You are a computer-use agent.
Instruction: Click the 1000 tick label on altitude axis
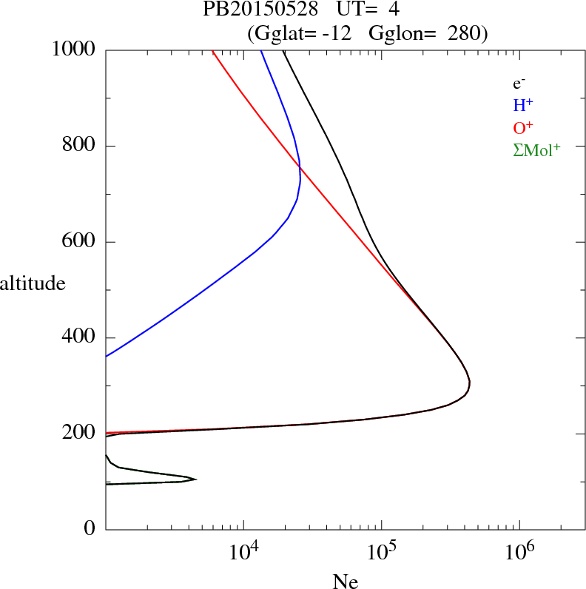pyautogui.click(x=74, y=50)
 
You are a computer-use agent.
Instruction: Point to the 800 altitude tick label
pyautogui.click(x=80, y=146)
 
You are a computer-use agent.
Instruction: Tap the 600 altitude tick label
pyautogui.click(x=80, y=242)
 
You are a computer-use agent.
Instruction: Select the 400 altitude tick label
pyautogui.click(x=80, y=338)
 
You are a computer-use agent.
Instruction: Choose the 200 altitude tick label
pyautogui.click(x=80, y=434)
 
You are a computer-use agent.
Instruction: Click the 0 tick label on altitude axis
pyautogui.click(x=90, y=530)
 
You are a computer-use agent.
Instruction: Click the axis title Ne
pyautogui.click(x=344, y=581)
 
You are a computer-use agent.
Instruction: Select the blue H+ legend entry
pyautogui.click(x=523, y=106)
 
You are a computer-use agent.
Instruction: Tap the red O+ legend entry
pyautogui.click(x=523, y=127)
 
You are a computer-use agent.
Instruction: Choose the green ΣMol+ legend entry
pyautogui.click(x=536, y=150)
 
